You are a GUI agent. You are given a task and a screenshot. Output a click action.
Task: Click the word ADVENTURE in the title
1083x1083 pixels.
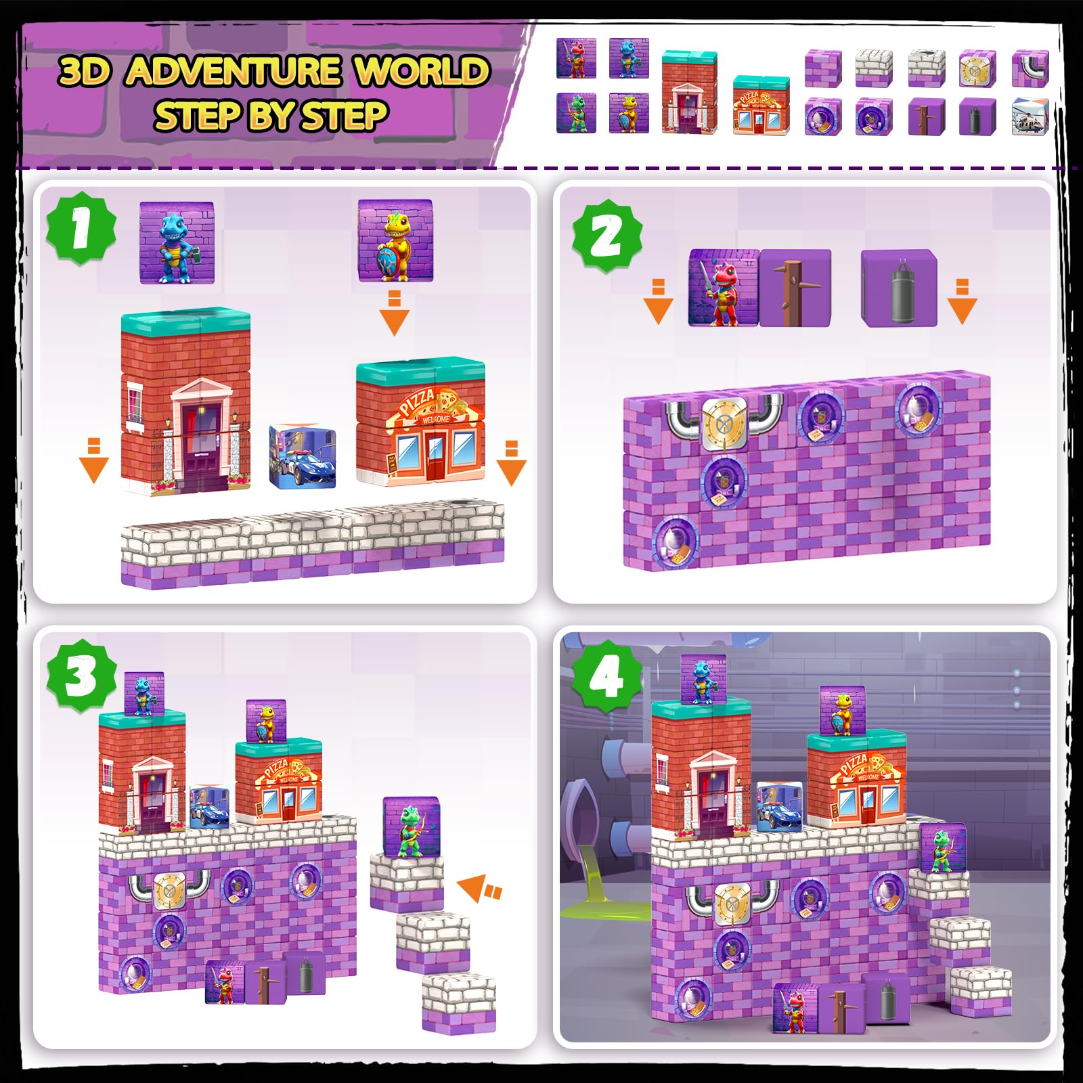tap(234, 71)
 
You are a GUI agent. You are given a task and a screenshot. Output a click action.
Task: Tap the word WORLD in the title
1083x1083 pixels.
tap(422, 70)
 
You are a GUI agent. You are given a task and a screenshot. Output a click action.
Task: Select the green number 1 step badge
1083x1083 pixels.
tap(81, 228)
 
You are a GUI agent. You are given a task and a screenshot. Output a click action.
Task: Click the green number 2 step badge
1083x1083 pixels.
tap(607, 236)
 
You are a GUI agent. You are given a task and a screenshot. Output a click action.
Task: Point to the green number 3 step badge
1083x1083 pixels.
tap(81, 676)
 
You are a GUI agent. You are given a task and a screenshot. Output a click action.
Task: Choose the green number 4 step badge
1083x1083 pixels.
tap(607, 676)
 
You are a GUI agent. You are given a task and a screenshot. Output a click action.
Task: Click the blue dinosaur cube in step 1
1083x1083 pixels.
tap(177, 242)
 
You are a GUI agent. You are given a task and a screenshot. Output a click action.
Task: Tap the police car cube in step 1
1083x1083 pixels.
tap(303, 456)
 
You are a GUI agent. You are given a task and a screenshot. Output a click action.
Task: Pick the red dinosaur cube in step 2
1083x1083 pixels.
tap(724, 288)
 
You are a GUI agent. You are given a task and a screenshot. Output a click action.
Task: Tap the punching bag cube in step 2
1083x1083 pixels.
tap(899, 288)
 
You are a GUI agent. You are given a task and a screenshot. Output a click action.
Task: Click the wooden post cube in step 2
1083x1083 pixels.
tap(795, 288)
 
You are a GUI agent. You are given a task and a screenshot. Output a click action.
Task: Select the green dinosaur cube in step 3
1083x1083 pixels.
tap(411, 826)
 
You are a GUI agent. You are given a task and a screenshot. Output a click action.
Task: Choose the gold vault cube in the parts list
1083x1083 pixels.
tap(977, 68)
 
